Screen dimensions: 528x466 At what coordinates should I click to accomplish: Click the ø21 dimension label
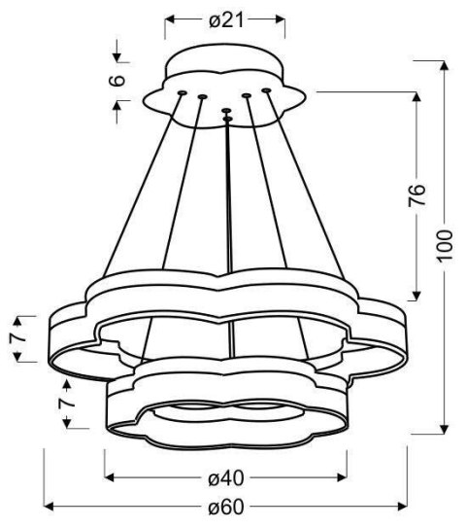tap(225, 19)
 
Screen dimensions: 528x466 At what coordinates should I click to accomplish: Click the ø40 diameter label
tap(225, 477)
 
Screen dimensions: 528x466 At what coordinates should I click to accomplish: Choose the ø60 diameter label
tap(225, 506)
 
